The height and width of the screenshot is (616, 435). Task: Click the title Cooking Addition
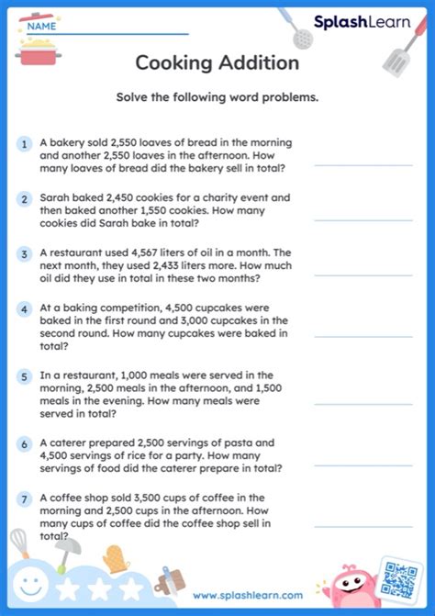click(217, 62)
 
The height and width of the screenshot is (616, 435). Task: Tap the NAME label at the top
click(39, 27)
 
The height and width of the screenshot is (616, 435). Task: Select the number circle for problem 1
click(23, 144)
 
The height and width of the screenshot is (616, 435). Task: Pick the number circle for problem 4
click(23, 309)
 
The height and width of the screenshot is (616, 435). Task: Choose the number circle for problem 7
click(23, 500)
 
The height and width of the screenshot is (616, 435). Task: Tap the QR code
click(400, 579)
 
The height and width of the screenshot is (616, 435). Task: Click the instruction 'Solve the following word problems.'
click(217, 98)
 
